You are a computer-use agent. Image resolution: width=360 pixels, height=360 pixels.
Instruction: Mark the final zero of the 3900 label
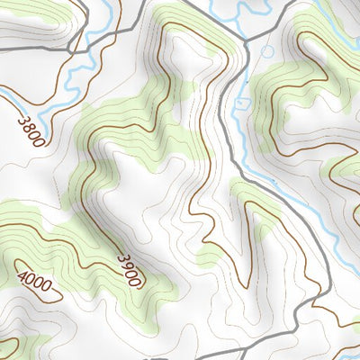(136, 281)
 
